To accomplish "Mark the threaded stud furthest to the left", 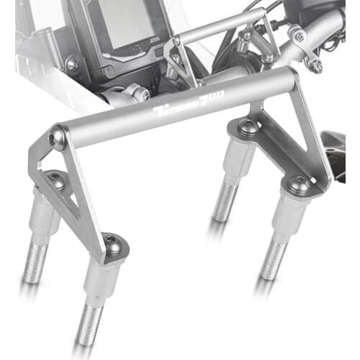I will [35, 264].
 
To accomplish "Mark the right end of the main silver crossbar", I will [288, 78].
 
